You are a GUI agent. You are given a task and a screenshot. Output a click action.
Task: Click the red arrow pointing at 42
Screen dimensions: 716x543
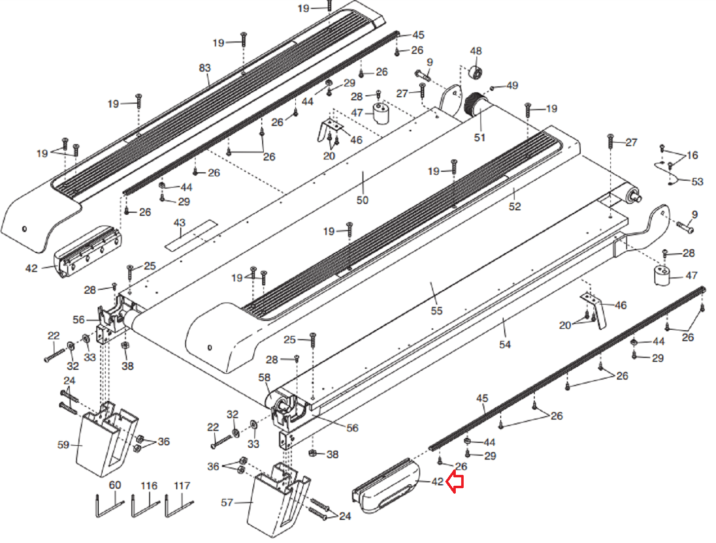click(x=455, y=482)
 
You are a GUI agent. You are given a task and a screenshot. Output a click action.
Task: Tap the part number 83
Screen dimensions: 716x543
click(x=205, y=68)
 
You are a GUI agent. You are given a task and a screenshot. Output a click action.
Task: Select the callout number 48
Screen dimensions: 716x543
click(x=476, y=51)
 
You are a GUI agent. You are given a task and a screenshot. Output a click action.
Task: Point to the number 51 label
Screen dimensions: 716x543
click(x=479, y=138)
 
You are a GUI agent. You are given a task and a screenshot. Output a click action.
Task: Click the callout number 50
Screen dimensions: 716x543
click(x=362, y=200)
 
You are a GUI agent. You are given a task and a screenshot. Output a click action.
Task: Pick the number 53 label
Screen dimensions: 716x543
click(x=697, y=182)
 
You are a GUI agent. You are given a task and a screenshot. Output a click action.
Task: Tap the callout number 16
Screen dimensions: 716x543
click(x=692, y=155)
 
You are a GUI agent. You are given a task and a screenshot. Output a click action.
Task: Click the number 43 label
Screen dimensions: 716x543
click(x=179, y=223)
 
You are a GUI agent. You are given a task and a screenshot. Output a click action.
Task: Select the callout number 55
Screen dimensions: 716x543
click(x=437, y=311)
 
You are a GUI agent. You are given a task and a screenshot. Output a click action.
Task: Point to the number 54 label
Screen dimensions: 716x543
click(x=505, y=345)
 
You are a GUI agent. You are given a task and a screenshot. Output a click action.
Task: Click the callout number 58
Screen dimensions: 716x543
click(x=264, y=377)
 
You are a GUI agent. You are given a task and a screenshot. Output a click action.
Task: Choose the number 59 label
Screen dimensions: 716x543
click(x=63, y=444)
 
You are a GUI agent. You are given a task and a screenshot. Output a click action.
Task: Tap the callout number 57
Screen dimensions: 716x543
click(x=227, y=503)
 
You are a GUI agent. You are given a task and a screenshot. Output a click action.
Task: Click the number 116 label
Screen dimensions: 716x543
click(x=149, y=486)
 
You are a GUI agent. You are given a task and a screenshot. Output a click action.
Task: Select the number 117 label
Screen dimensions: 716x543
click(x=182, y=486)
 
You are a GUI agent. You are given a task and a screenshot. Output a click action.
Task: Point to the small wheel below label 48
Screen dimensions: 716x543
click(x=476, y=73)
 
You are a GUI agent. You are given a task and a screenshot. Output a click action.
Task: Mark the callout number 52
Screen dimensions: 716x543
click(x=515, y=206)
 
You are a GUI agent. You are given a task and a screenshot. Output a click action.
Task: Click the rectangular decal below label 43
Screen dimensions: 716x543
click(x=191, y=235)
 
